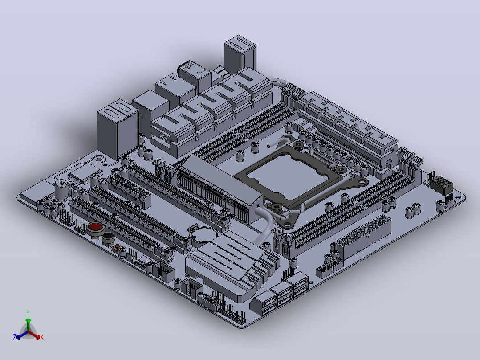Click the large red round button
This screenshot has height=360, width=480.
pyautogui.click(x=95, y=227)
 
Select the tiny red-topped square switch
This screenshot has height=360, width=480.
pyautogui.click(x=117, y=247)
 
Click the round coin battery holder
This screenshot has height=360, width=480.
pyautogui.click(x=204, y=235)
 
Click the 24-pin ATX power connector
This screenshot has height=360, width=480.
pyautogui.click(x=364, y=236)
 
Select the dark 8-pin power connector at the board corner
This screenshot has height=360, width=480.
pyautogui.click(x=441, y=184)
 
